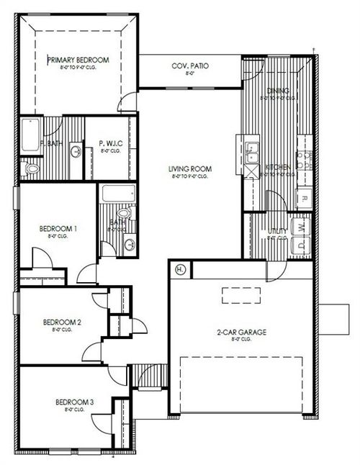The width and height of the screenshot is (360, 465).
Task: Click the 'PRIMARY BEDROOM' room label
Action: [78, 60]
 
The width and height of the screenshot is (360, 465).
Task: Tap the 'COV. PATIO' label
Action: [190, 66]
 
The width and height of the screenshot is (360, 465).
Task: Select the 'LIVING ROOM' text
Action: [188, 169]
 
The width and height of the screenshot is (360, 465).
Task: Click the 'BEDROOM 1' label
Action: [58, 228]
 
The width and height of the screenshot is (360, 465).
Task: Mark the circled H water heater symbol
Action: [180, 269]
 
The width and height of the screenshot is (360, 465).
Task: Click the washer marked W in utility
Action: [302, 225]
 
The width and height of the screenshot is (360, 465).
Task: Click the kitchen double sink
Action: [253, 151]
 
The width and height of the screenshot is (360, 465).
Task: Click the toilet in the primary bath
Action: [30, 168]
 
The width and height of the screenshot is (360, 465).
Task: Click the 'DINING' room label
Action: [278, 91]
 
